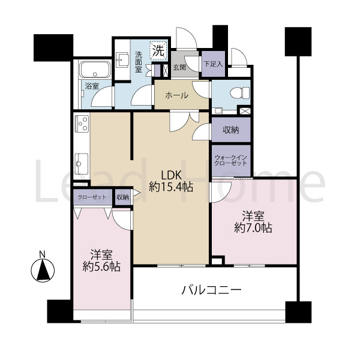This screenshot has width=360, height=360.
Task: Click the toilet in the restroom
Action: click(x=239, y=94)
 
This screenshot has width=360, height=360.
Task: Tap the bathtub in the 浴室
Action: click(x=95, y=69)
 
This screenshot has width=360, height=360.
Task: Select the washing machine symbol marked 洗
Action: click(x=158, y=51)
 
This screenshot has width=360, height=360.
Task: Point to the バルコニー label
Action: click(x=211, y=290)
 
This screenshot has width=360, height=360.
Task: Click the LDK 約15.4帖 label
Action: click(x=171, y=181)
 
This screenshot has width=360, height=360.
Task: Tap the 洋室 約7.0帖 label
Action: click(x=253, y=222)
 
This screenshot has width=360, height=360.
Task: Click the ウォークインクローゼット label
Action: click(x=230, y=160)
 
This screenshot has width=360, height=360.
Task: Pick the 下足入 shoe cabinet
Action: click(x=213, y=64)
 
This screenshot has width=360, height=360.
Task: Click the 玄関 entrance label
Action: click(x=179, y=67)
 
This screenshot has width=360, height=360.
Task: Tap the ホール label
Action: click(x=177, y=95)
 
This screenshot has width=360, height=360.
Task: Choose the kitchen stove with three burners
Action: click(x=82, y=124)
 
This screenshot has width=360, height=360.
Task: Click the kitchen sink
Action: click(x=82, y=163)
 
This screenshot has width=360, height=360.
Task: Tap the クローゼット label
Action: click(x=92, y=197)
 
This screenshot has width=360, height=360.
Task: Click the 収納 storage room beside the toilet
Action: click(x=231, y=130)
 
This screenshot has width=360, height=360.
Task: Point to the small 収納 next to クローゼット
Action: click(x=122, y=197)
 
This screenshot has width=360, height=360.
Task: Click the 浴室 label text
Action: click(x=92, y=86)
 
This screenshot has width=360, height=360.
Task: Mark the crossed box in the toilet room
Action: click(x=245, y=111)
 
